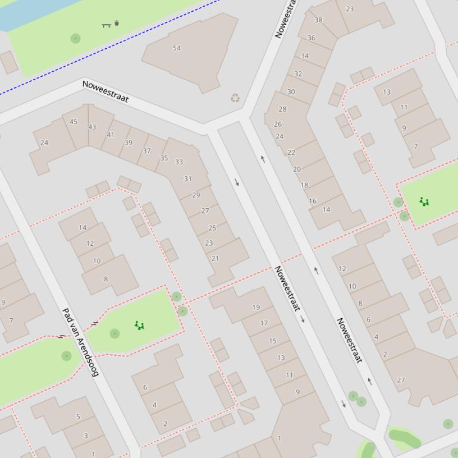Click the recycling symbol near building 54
click(x=235, y=98)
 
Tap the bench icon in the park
click(x=107, y=25)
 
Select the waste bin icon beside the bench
click(x=117, y=23)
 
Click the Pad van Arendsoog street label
click(x=80, y=342)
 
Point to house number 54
click(x=176, y=48)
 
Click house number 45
click(x=73, y=122)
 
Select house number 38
click(x=318, y=20)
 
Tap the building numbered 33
click(x=179, y=162)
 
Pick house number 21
click(x=215, y=258)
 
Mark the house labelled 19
click(x=256, y=308)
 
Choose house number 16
click(x=313, y=201)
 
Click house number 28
click(x=282, y=109)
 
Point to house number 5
click(x=78, y=416)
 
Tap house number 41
click(x=110, y=135)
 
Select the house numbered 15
click(x=272, y=341)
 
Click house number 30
click(x=291, y=92)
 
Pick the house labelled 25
click(x=212, y=228)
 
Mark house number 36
click(x=311, y=37)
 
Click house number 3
click(x=86, y=435)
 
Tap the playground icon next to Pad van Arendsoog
click(x=139, y=325)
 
